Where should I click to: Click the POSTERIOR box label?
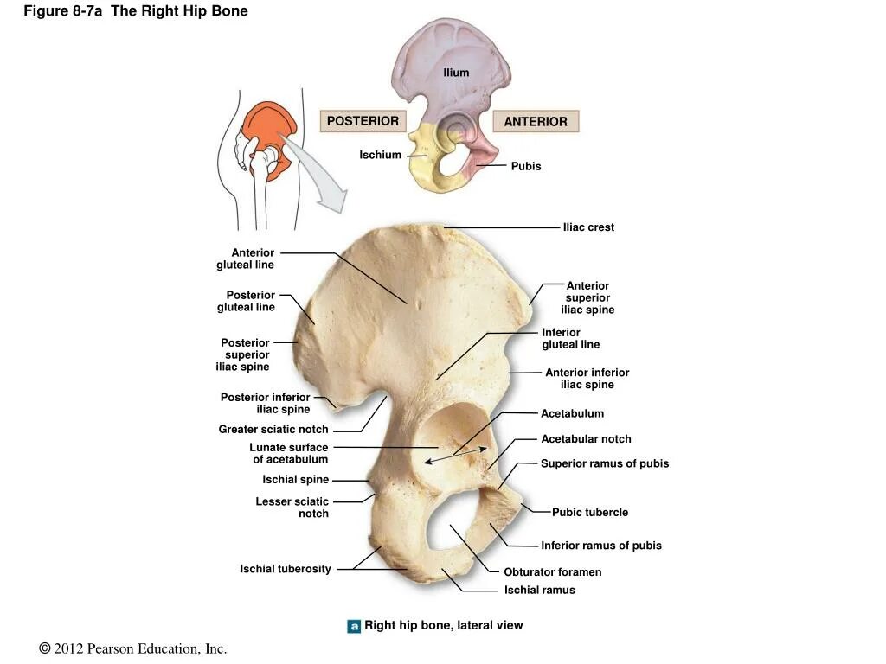[x=363, y=121]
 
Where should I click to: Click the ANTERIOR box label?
[x=536, y=122]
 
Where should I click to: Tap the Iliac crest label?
[x=588, y=227]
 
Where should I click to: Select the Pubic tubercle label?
[x=590, y=513]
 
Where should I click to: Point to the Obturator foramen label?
[x=552, y=572]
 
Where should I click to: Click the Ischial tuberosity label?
[x=286, y=569]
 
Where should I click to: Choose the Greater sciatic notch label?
[x=273, y=430]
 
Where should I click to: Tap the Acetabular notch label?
[x=586, y=439]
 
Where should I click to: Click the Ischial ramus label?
[x=539, y=591]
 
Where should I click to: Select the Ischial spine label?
[x=296, y=480]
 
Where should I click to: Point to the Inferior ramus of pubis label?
[x=601, y=546]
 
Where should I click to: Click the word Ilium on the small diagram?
[x=456, y=73]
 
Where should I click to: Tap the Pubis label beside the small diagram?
[x=525, y=166]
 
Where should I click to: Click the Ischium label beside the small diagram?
[x=381, y=156]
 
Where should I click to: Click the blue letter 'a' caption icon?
[x=354, y=626]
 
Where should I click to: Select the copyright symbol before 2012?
[x=45, y=648]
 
